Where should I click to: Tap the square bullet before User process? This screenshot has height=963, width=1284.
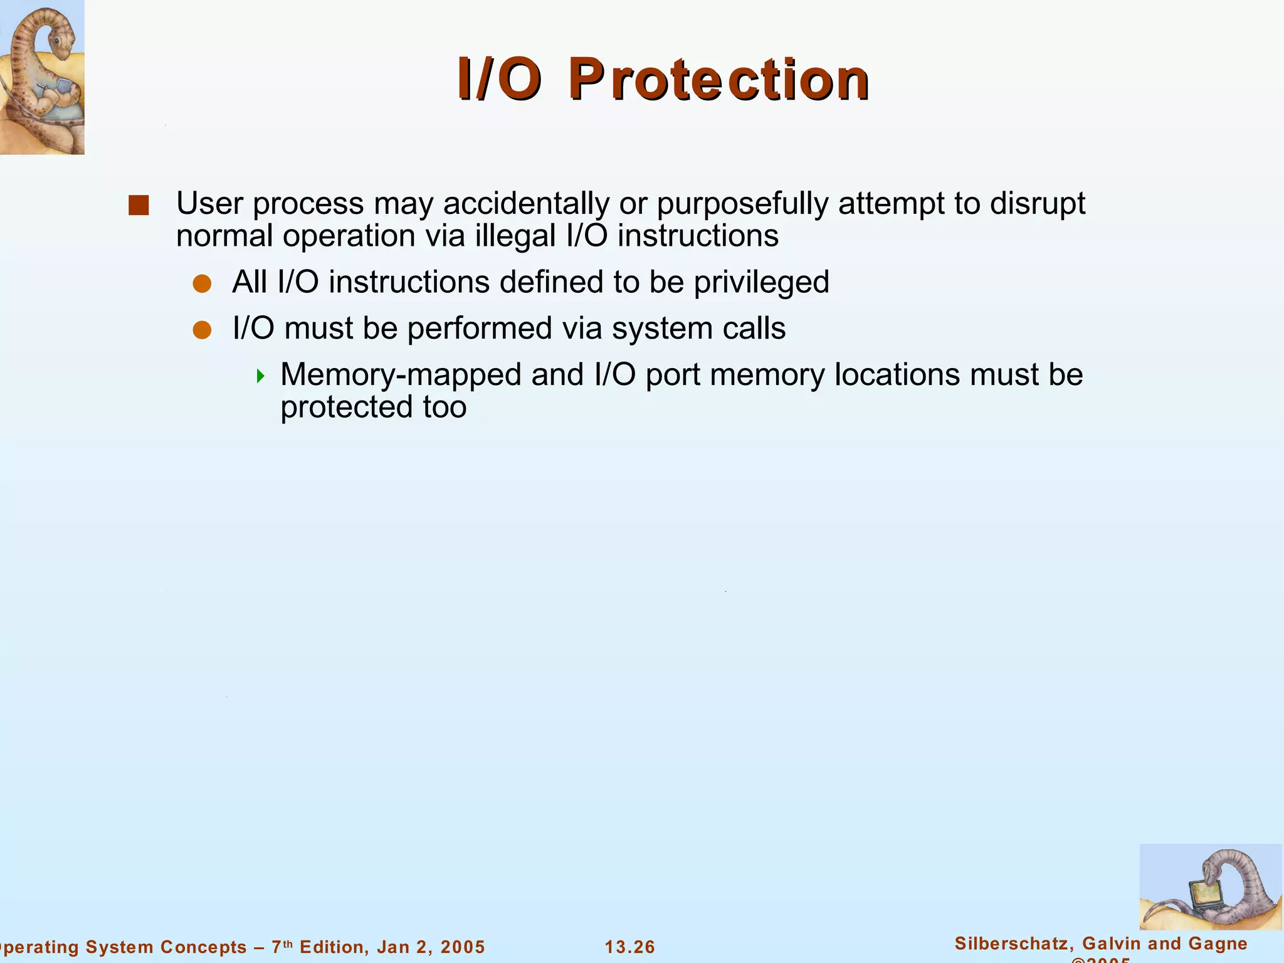pyautogui.click(x=139, y=206)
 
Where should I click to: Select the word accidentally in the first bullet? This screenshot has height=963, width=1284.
pyautogui.click(x=526, y=204)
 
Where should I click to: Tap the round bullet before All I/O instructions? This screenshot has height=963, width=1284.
pyautogui.click(x=202, y=284)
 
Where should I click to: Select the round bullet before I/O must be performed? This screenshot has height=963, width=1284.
pyautogui.click(x=202, y=330)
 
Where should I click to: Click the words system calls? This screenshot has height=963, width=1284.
pyautogui.click(x=698, y=329)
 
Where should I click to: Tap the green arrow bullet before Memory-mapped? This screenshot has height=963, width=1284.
pyautogui.click(x=261, y=376)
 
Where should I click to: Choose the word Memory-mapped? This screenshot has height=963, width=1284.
pyautogui.click(x=401, y=375)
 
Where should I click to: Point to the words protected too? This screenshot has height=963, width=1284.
pyautogui.click(x=373, y=408)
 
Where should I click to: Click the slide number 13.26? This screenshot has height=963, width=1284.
pyautogui.click(x=629, y=947)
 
